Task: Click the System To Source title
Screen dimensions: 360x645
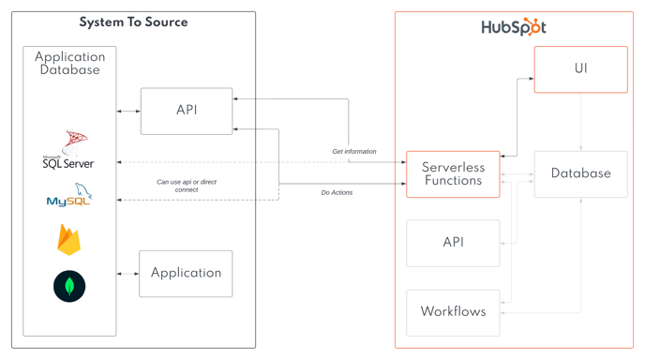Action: coord(133,22)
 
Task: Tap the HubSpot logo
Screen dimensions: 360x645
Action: coord(513,27)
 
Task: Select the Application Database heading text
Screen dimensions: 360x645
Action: coord(69,63)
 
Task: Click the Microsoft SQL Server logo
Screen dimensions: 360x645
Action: coord(69,150)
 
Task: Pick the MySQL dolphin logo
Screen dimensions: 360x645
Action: coord(69,196)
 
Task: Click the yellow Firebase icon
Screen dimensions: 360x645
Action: coord(69,240)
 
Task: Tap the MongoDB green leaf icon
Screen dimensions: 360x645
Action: coord(69,286)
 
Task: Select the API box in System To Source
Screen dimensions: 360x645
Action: coord(187,111)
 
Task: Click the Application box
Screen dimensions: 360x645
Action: coord(186,273)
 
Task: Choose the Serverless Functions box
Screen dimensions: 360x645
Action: coord(453,174)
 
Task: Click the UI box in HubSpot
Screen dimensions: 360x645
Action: coord(580,69)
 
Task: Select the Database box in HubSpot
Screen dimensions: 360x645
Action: coord(580,174)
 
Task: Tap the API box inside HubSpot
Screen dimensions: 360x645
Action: coord(453,243)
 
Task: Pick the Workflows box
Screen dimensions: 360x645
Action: coord(453,312)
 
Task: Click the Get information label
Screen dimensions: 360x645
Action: coord(354,151)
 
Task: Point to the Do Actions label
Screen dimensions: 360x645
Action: coord(337,192)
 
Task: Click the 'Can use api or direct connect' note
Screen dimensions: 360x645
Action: coord(187,186)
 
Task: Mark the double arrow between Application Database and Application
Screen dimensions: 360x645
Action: coord(128,274)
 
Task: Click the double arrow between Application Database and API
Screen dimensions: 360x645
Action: coord(128,111)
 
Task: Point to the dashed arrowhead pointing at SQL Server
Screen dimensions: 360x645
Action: coord(120,162)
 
